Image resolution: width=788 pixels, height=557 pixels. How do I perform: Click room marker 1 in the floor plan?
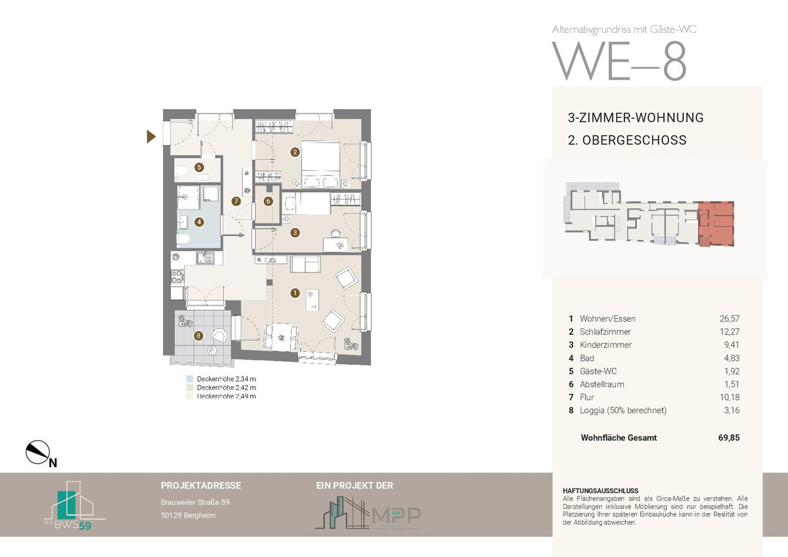point(295,293)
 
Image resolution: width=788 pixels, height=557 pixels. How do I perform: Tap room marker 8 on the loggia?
point(198,336)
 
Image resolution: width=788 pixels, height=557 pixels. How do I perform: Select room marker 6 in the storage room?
point(269,201)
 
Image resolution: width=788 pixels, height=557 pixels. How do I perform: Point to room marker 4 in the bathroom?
point(199,222)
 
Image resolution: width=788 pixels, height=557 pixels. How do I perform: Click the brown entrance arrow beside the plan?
point(150,137)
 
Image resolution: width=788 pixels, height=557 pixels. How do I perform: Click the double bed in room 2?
point(321,164)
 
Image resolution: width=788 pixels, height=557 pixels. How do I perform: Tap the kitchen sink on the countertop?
point(205,258)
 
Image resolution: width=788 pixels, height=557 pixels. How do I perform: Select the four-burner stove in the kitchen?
point(177,277)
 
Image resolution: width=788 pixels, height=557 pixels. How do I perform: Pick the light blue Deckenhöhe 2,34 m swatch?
point(190,379)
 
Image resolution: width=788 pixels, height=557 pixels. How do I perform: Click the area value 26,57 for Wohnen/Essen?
point(730,319)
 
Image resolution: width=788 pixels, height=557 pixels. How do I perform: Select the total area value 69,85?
point(729,437)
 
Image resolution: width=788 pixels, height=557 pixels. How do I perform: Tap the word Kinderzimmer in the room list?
point(605,345)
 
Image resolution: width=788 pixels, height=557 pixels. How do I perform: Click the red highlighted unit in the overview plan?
point(716,224)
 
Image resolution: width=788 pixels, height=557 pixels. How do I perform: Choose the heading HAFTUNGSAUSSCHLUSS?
point(593,491)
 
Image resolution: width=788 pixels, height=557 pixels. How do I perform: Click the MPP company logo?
point(368,513)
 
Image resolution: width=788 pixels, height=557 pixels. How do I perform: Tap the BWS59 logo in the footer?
point(74,505)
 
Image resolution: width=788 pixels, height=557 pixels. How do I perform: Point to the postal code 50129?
point(171,516)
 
